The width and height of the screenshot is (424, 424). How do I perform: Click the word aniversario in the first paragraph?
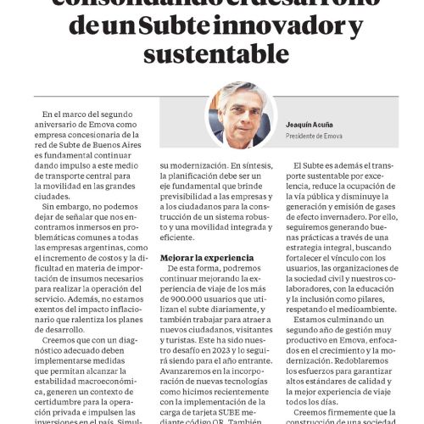[x=63, y=125]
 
